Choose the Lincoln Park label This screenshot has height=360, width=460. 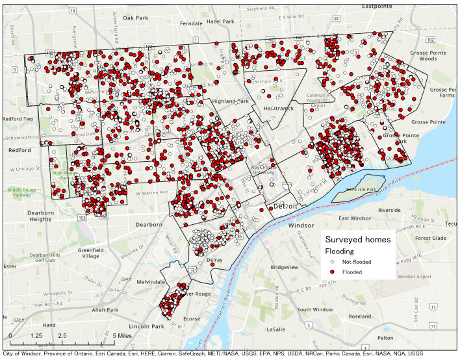(x=145, y=325)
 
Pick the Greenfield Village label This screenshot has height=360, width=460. (x=90, y=251)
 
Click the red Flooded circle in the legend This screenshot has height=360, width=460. (x=332, y=272)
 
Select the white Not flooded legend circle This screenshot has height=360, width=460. (x=332, y=261)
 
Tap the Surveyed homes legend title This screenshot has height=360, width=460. (x=358, y=239)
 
